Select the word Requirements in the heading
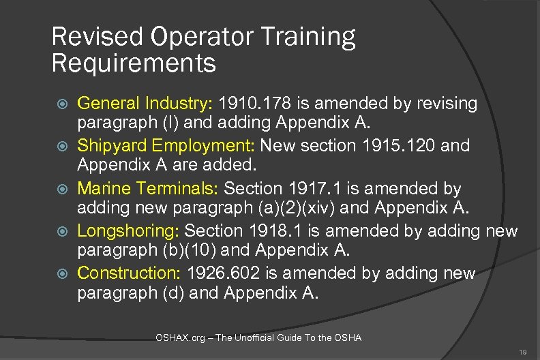[134, 65]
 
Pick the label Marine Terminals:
[148, 188]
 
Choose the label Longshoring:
[129, 230]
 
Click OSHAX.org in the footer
[177, 338]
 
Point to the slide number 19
[522, 352]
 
